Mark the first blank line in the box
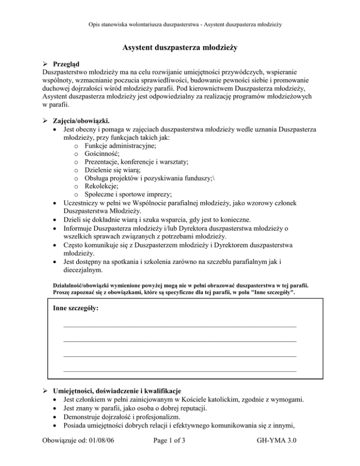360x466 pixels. tap(180, 326)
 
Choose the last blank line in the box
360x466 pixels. tap(180, 371)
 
